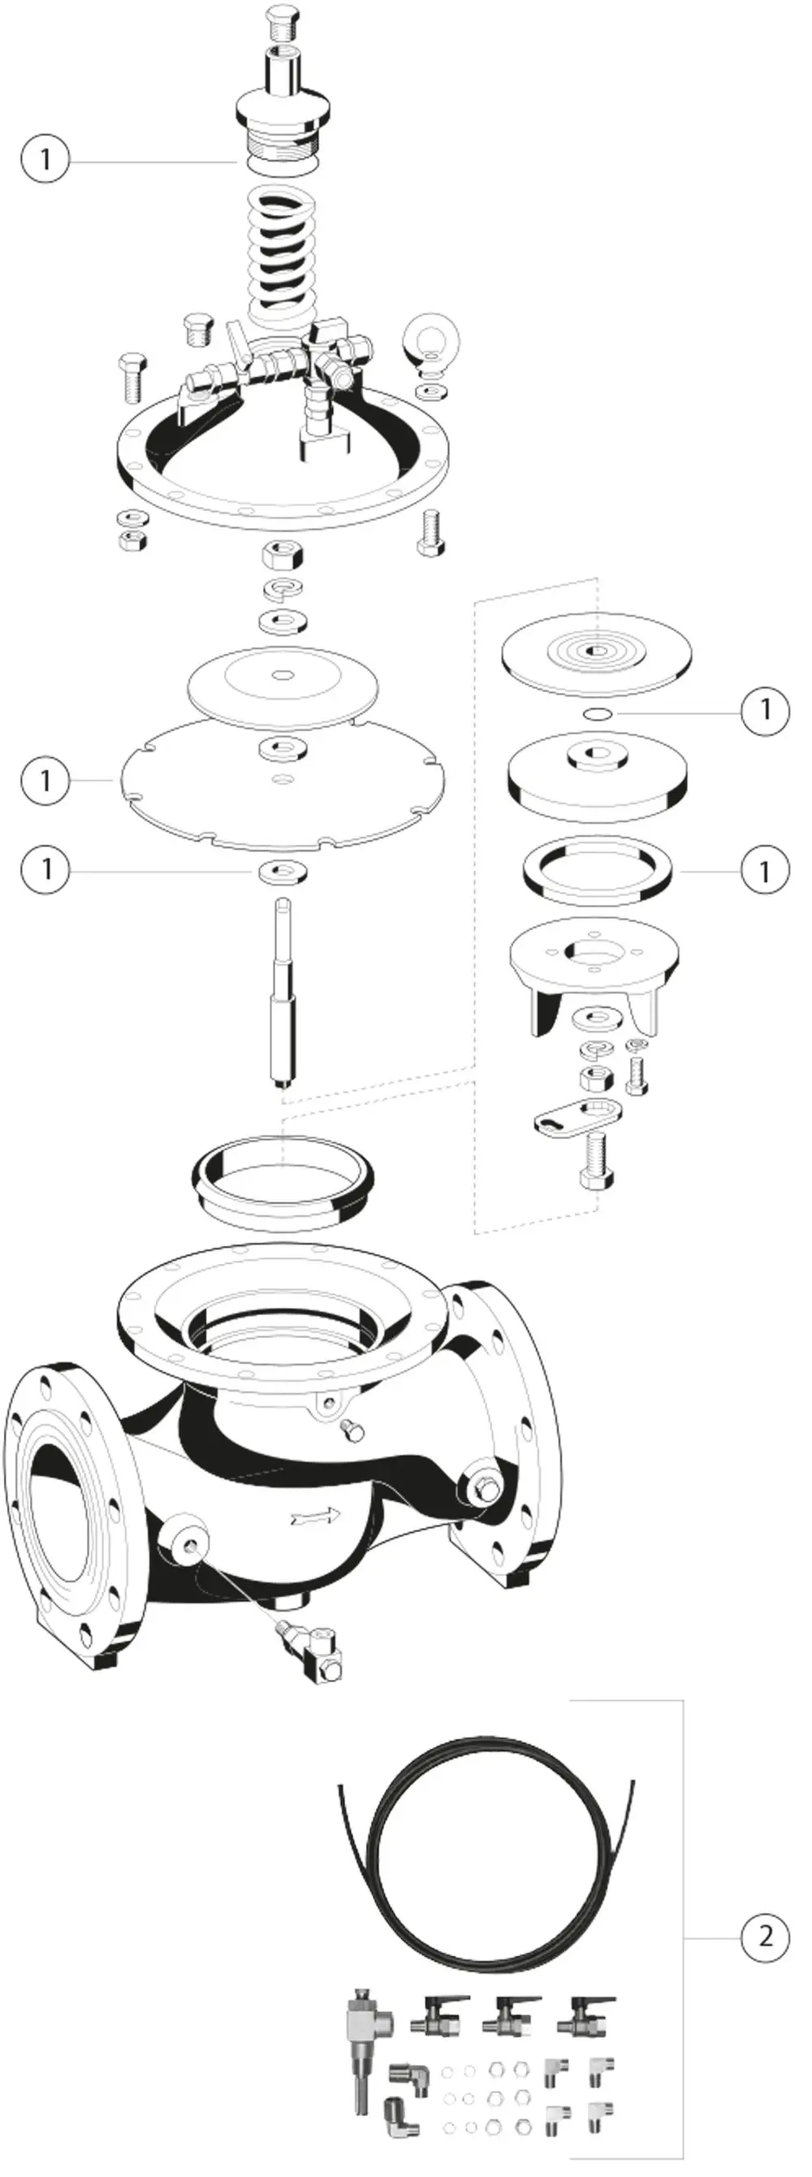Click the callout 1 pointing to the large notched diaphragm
click(46, 780)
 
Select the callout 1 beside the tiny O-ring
click(766, 710)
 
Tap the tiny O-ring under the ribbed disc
click(598, 714)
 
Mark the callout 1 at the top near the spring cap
click(46, 159)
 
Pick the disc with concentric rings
click(597, 652)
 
